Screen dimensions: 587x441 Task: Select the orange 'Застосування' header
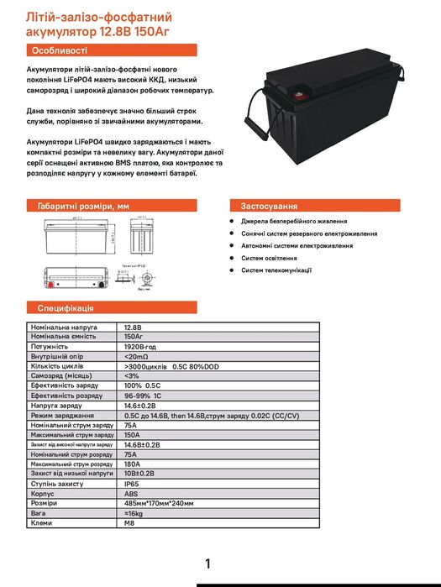click(x=269, y=205)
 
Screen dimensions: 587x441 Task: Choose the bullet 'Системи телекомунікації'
click(x=276, y=270)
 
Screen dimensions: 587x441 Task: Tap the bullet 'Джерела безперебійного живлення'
click(x=290, y=221)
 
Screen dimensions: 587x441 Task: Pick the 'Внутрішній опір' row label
click(x=56, y=355)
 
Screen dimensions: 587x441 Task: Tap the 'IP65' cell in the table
click(x=132, y=485)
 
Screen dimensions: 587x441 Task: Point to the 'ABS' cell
click(x=131, y=495)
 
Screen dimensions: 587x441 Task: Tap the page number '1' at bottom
click(x=207, y=563)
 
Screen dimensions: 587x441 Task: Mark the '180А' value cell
click(x=132, y=464)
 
